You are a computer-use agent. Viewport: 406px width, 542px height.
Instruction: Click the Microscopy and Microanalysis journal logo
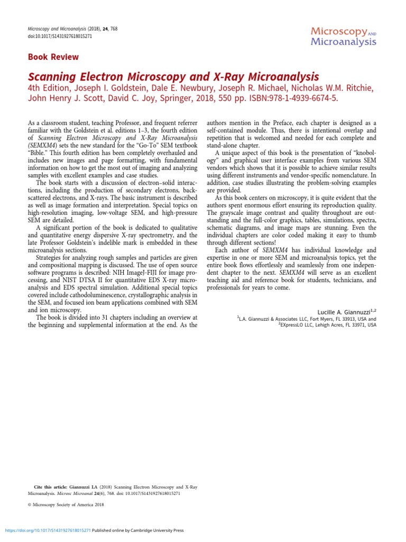click(343, 35)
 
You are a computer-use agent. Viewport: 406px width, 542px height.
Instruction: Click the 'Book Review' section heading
click(53, 57)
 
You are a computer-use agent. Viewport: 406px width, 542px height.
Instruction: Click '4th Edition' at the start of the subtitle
click(47, 87)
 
